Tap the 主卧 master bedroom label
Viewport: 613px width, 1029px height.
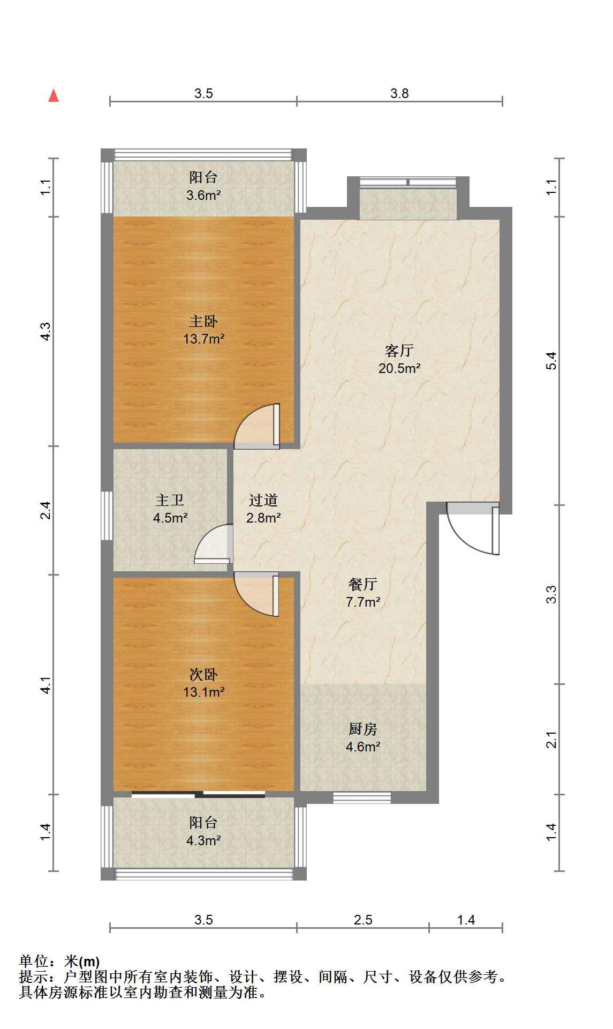(203, 322)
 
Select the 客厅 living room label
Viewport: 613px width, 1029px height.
(399, 351)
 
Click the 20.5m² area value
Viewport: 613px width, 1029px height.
(399, 369)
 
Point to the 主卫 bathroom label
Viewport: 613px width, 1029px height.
(170, 501)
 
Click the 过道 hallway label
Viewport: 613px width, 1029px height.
(263, 501)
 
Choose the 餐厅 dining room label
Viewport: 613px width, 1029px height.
(363, 584)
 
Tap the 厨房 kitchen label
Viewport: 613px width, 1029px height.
(363, 729)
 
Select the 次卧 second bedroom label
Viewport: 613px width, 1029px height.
(203, 674)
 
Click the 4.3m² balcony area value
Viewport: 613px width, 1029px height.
(203, 841)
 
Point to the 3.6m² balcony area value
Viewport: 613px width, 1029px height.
(203, 195)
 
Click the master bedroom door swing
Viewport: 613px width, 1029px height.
(258, 426)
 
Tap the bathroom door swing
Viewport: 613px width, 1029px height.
(214, 543)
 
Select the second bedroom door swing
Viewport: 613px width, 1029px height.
(258, 595)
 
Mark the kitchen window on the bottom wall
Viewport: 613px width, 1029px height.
(362, 797)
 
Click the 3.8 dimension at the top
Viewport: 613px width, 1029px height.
(399, 94)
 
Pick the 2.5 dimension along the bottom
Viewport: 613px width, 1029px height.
(363, 920)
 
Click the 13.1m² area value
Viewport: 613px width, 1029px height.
(203, 692)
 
